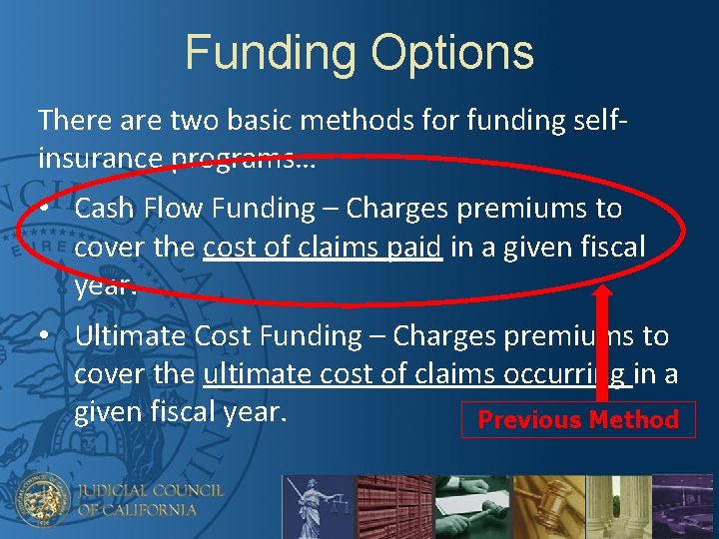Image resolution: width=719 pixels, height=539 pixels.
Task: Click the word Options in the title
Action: [447, 53]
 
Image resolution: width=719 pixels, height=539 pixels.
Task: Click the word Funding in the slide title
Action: [270, 53]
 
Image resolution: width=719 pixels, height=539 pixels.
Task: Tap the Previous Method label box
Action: [578, 419]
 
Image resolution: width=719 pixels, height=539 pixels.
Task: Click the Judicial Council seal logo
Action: [42, 499]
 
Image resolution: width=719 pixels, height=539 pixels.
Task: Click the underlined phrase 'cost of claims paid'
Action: [322, 247]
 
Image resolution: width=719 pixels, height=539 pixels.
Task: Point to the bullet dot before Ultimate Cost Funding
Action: [48, 336]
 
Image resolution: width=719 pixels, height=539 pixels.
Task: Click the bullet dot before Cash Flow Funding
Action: [48, 209]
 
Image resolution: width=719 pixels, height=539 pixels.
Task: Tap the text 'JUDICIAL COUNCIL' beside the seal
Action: [152, 490]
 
